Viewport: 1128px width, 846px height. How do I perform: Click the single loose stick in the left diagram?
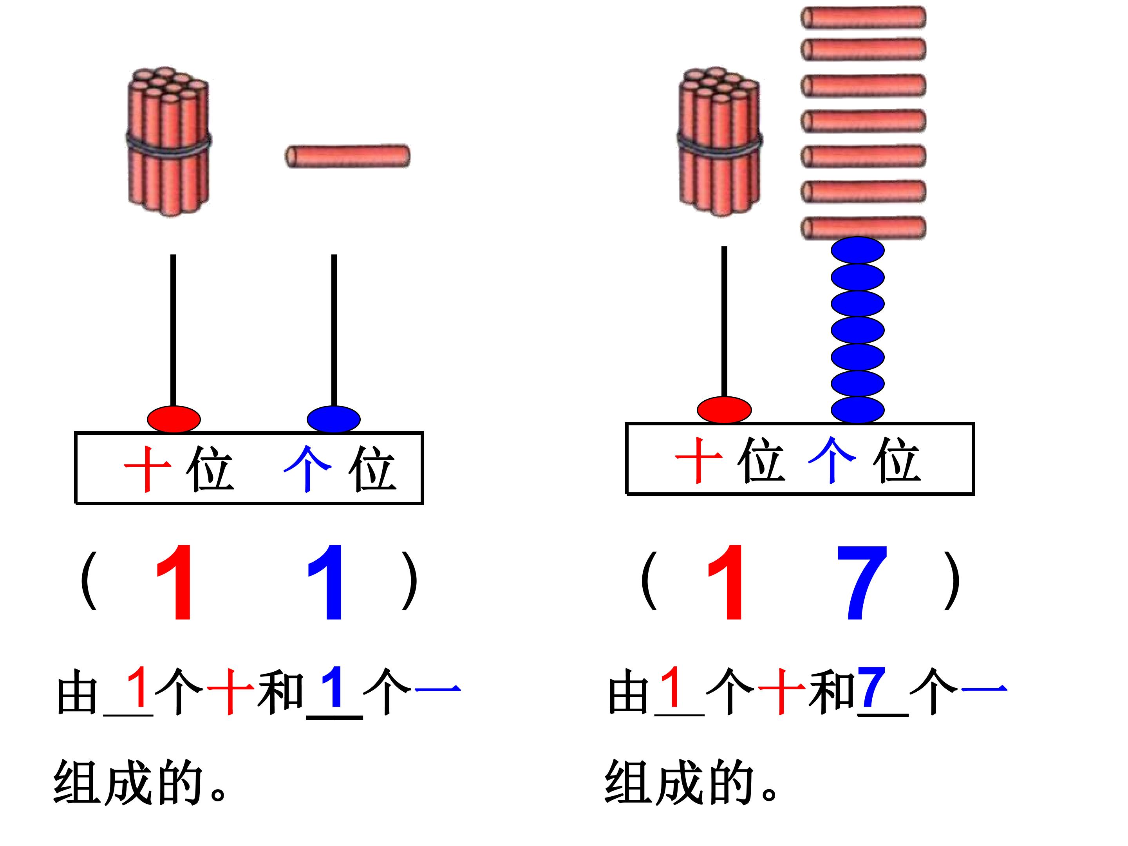pos(347,156)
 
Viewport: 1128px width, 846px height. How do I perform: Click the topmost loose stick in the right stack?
pos(863,17)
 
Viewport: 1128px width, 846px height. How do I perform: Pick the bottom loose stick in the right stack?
pos(863,228)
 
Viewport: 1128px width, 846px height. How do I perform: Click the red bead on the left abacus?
pos(174,419)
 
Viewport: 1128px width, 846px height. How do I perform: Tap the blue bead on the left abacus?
pos(334,419)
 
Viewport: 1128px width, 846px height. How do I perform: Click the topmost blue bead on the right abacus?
pos(858,250)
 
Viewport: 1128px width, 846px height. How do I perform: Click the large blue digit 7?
pos(862,582)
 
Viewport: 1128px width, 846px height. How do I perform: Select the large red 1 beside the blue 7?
pos(726,582)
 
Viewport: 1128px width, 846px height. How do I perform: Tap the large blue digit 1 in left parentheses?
pos(326,582)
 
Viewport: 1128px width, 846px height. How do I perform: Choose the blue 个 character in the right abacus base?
pos(832,460)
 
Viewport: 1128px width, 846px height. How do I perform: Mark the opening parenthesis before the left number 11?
pos(89,580)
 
